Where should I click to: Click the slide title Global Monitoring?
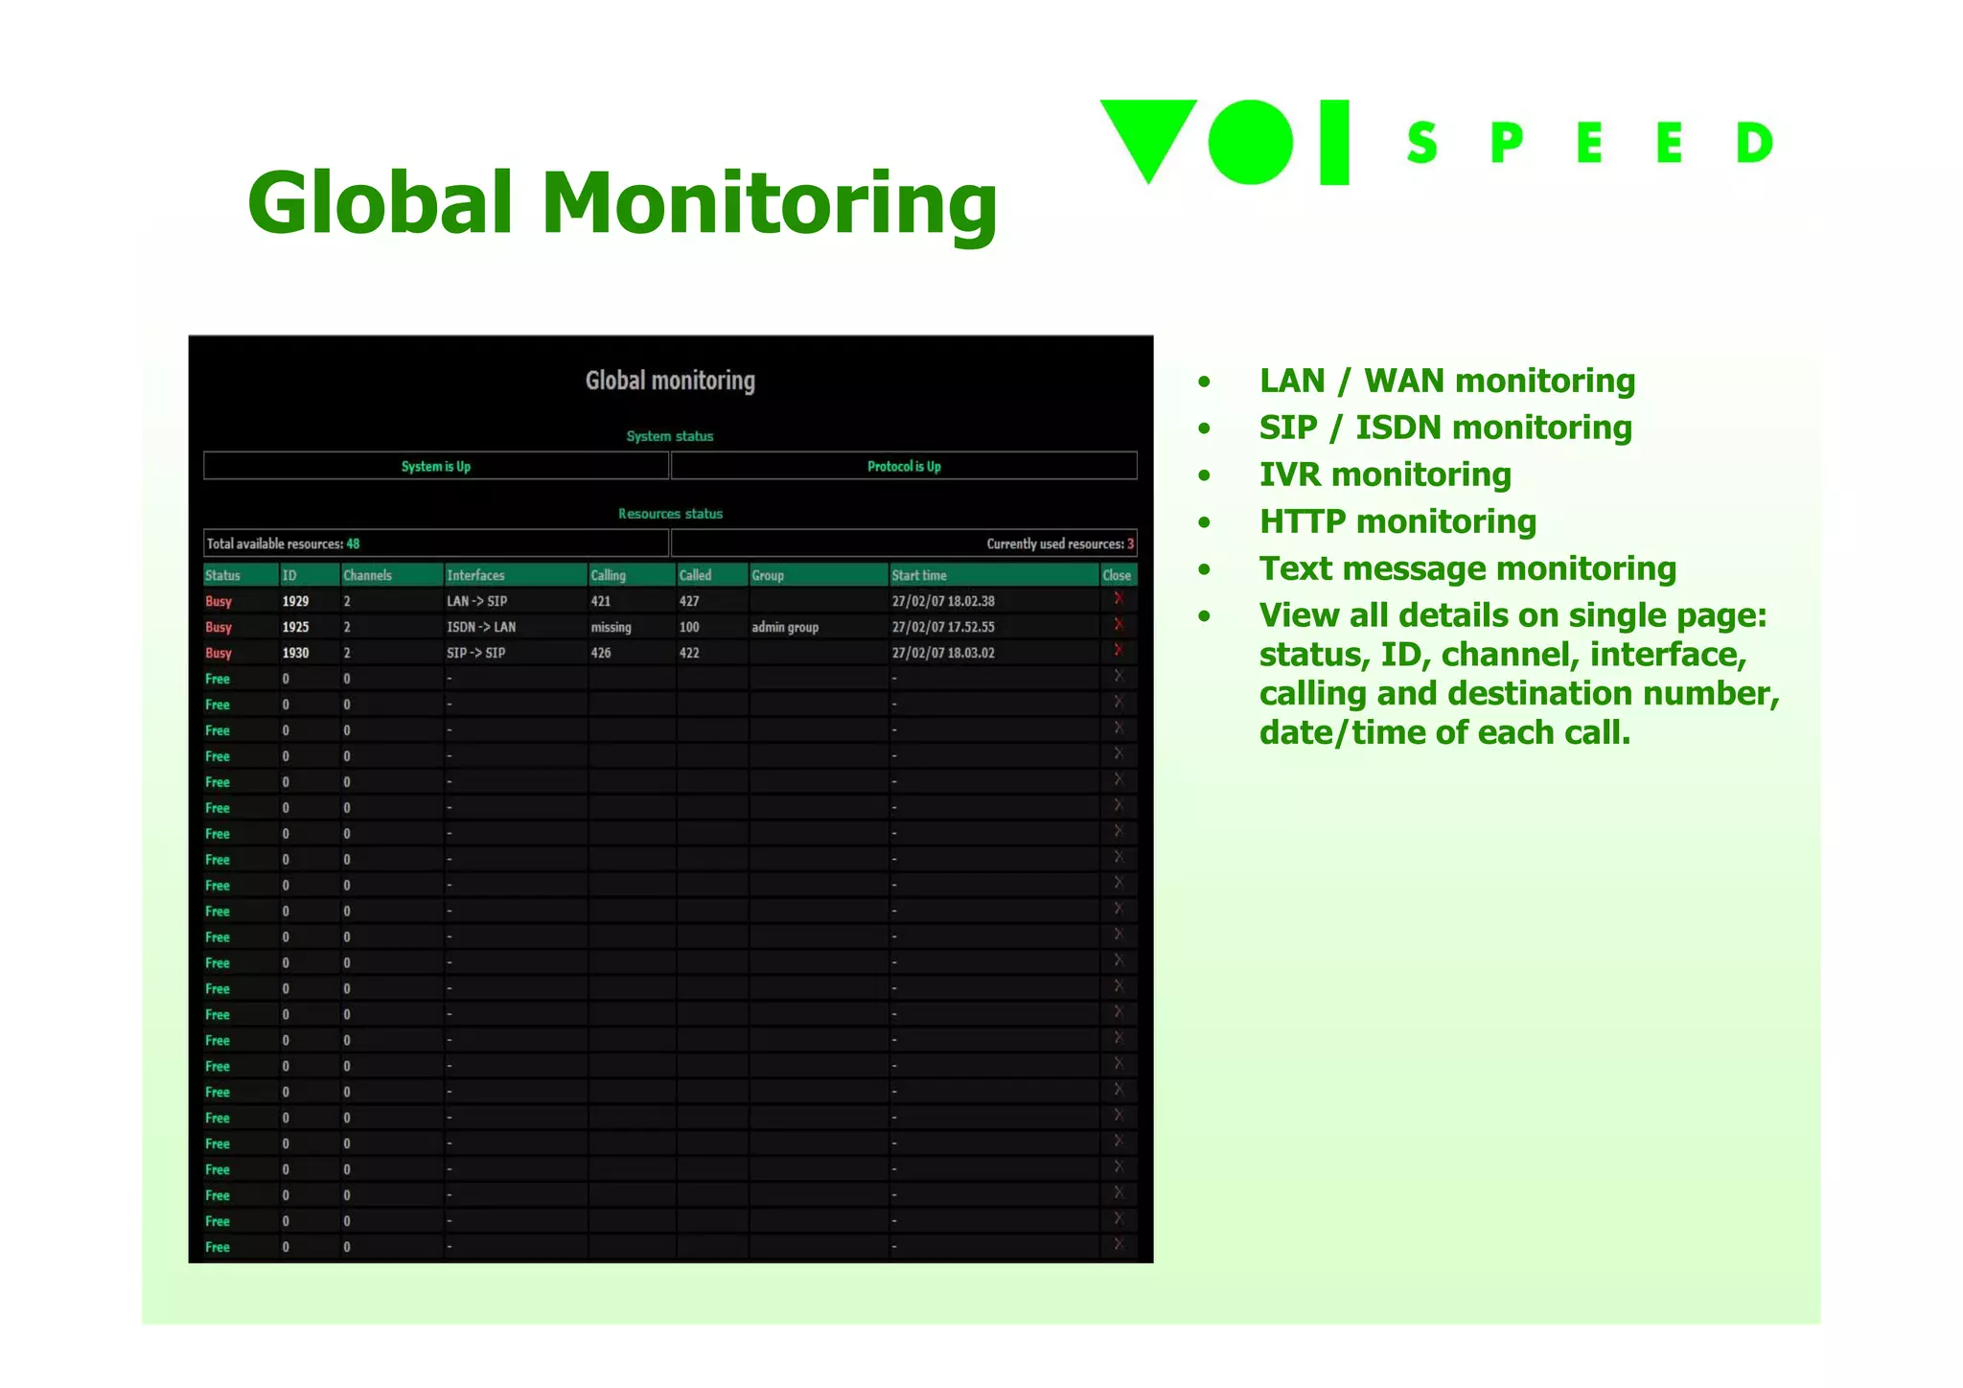622,203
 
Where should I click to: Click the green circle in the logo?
1250,142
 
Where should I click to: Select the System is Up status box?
436,466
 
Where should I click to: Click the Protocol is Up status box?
904,466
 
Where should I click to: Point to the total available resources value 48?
353,544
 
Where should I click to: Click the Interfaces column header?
475,575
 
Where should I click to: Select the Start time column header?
919,575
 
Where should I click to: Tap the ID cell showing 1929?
295,601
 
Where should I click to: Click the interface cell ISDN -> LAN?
481,627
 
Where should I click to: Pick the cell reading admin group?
785,627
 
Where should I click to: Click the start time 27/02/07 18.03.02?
943,653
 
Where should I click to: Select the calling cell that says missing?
611,627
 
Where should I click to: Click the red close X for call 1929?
1118,599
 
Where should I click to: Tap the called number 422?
689,653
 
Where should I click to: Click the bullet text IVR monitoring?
1385,474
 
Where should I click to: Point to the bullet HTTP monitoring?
1397,521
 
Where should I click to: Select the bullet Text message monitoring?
1467,568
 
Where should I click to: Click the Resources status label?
670,514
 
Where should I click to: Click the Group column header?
768,575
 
